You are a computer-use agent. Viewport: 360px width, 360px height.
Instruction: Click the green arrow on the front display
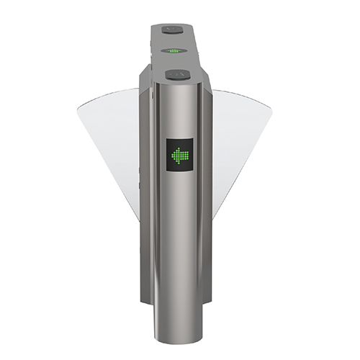pos(178,154)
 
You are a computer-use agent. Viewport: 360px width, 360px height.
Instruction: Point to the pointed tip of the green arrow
pos(171,154)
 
